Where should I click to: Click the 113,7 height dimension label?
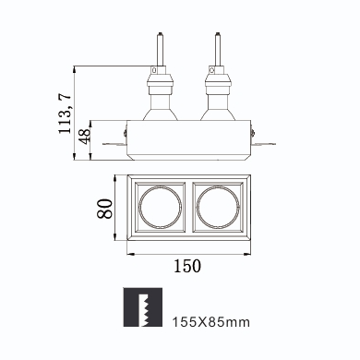[65, 113]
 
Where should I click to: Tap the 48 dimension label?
[84, 136]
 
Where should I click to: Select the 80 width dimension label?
[104, 209]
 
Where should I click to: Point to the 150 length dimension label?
[187, 266]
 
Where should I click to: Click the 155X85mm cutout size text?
[211, 322]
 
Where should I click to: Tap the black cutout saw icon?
[143, 307]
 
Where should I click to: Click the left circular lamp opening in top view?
[160, 207]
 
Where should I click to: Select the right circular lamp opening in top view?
[218, 207]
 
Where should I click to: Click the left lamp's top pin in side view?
[160, 49]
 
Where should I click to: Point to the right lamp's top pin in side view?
[218, 49]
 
